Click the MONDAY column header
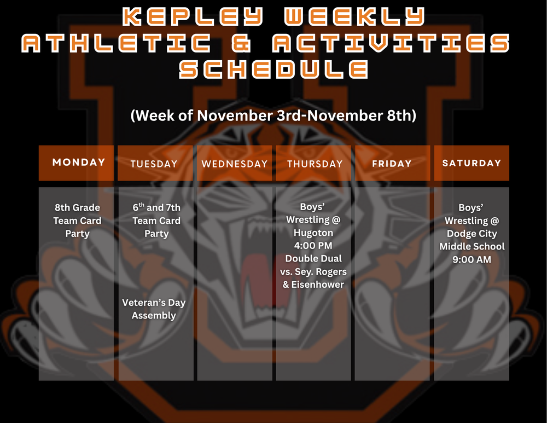79,163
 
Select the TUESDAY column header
154,164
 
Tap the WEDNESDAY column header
235,164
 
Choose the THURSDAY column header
315,164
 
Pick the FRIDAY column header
392,164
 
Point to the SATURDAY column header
472,163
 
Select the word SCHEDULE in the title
273,69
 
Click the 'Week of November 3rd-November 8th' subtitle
273,116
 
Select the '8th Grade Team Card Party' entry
78,221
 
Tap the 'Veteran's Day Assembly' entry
154,309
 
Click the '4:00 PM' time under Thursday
313,246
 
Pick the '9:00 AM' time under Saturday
472,259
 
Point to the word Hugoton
313,233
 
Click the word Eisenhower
319,284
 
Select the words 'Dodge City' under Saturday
472,234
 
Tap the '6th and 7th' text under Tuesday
156,208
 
